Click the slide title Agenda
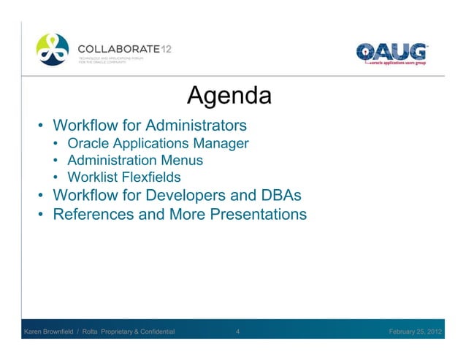click(229, 96)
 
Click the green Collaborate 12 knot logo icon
click(54, 50)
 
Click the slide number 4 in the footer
click(238, 332)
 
